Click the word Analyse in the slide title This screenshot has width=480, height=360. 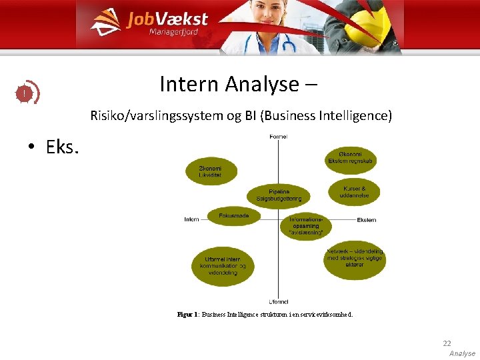(262, 85)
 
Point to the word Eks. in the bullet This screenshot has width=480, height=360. (62, 147)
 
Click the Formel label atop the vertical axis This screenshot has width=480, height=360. (278, 137)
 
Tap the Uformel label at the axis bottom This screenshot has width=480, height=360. (278, 301)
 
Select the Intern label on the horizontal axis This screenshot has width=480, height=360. (191, 219)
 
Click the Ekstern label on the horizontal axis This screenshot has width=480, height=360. (367, 219)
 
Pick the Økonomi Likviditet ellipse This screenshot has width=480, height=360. (211, 171)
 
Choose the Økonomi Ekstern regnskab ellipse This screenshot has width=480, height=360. (351, 158)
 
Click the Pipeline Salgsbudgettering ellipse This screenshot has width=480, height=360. (279, 195)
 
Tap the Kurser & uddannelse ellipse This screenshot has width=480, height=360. (353, 192)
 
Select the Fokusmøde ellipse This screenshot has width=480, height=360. (233, 216)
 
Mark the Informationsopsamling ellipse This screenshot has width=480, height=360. (306, 226)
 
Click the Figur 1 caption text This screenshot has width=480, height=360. (265, 314)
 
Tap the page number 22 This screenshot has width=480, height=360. (447, 343)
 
